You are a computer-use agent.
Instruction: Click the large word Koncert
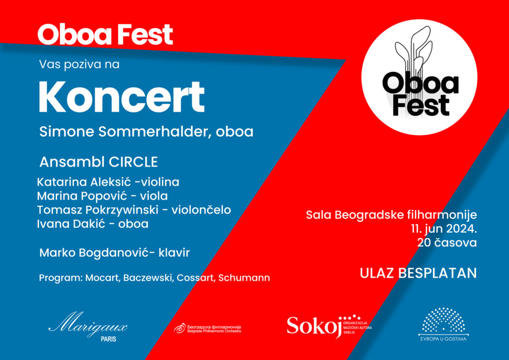121,96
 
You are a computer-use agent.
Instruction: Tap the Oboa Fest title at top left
105,34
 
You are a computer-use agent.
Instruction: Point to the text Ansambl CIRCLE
98,162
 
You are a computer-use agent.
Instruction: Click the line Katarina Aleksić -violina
108,181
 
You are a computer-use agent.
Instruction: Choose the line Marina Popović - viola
102,195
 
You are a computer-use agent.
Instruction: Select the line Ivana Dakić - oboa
92,224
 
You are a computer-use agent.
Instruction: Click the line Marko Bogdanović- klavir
114,253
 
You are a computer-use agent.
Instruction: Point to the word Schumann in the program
249,277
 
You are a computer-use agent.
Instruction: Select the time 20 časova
448,243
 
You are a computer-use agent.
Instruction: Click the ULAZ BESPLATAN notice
418,273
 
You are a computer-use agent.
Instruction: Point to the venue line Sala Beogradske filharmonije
391,215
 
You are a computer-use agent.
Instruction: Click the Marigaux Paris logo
88,330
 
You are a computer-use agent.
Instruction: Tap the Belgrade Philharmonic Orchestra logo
207,328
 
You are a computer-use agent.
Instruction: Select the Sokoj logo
329,325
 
